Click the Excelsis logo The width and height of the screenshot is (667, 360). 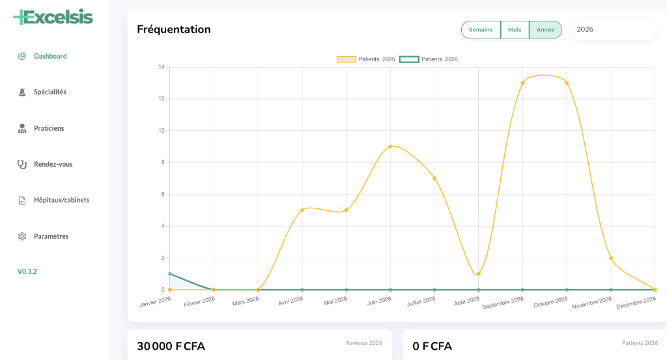coord(53,17)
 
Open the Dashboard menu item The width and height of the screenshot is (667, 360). coord(50,56)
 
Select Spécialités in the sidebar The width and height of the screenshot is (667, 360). coord(50,92)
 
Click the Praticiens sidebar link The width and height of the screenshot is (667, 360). coord(49,128)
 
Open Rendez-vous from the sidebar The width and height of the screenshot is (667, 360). coord(53,164)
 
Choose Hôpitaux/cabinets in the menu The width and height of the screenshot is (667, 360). coord(61,200)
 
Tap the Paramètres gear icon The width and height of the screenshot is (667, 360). coord(22,236)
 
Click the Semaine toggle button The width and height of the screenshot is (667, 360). coord(481,30)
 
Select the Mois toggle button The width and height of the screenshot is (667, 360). coord(515,30)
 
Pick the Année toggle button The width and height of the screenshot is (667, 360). coord(545,30)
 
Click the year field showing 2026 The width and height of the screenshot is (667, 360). coord(612,29)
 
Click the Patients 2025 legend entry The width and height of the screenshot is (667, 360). coord(366,59)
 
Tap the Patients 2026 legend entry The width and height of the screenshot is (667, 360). coord(429,59)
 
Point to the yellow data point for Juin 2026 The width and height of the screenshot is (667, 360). coord(390,146)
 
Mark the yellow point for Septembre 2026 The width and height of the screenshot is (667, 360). coord(522,83)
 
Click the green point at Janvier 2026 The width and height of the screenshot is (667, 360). coord(170,273)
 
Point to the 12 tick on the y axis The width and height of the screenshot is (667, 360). coord(162,99)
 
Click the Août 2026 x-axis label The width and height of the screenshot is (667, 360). coord(466,301)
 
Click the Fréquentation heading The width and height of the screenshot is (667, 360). coord(174,29)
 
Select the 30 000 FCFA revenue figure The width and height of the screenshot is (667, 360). coord(171,346)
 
